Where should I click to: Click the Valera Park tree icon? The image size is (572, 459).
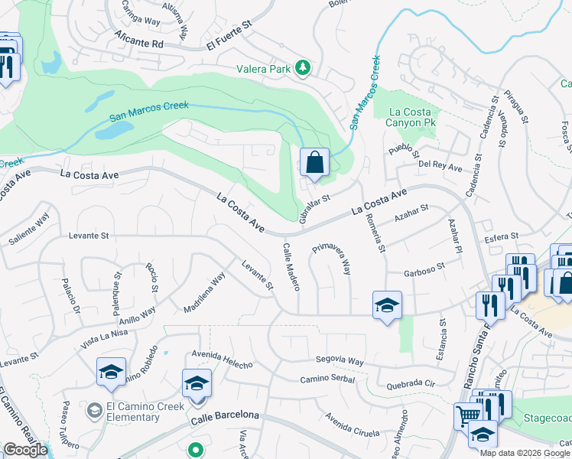click(x=304, y=68)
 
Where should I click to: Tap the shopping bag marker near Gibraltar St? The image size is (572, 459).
click(x=314, y=162)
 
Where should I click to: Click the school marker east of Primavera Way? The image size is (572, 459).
click(x=387, y=305)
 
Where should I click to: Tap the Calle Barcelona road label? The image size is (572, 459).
click(x=225, y=417)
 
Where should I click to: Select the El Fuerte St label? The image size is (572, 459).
click(x=229, y=38)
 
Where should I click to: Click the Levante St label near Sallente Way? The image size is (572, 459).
click(x=89, y=236)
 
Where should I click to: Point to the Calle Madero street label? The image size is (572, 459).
click(x=291, y=266)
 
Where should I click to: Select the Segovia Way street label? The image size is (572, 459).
click(x=340, y=360)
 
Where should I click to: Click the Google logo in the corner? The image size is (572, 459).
click(x=25, y=449)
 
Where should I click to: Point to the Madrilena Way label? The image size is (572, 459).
click(x=204, y=293)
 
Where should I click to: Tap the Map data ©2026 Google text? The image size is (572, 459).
click(x=525, y=453)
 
